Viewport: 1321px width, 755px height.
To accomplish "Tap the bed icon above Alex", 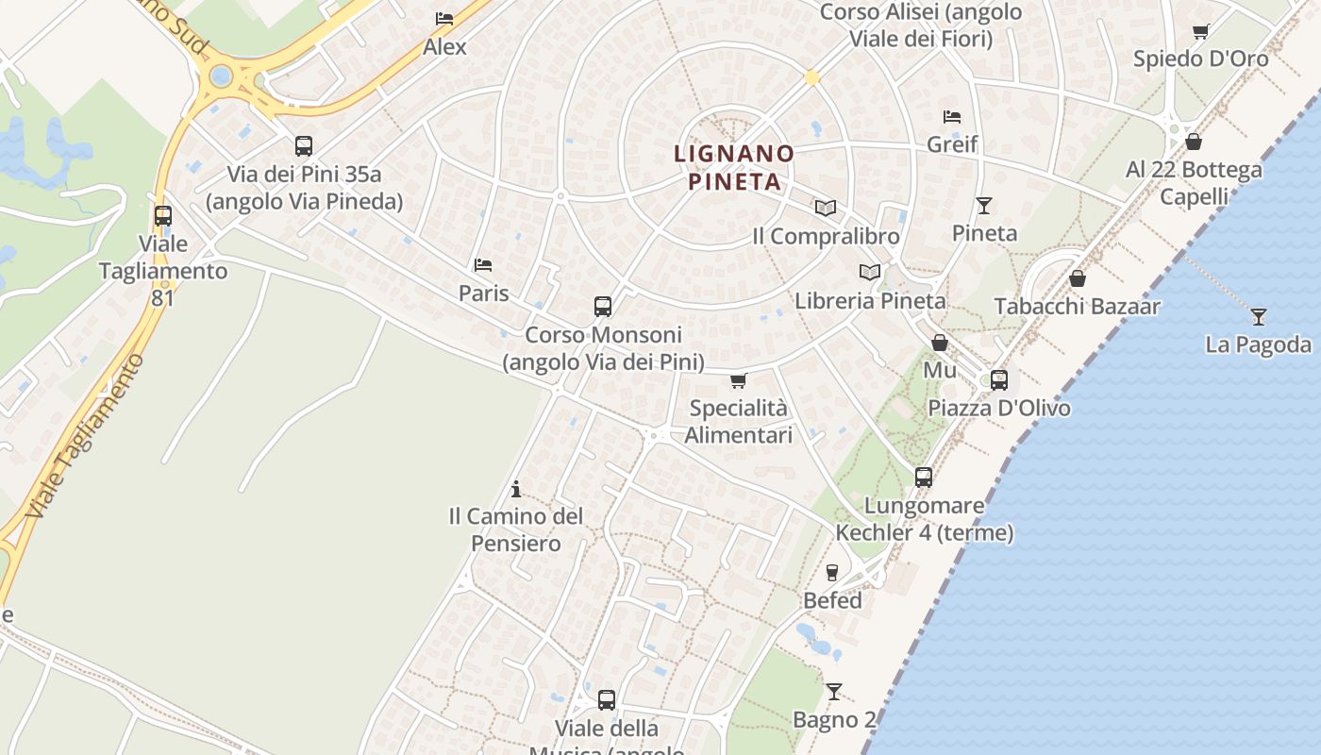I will click(x=443, y=19).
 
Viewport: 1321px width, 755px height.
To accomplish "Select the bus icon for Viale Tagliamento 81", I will click(x=163, y=216).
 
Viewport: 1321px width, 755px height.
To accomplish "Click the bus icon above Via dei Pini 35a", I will click(x=303, y=146).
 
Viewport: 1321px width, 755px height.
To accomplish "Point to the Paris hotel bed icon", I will click(x=483, y=265).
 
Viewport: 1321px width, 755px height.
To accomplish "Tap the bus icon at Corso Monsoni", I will click(x=603, y=307).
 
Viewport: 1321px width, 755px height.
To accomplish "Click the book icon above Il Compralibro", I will click(x=826, y=208).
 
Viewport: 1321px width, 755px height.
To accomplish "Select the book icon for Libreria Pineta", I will click(x=870, y=273).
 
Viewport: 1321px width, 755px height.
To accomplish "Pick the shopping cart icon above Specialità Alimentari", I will click(x=738, y=380).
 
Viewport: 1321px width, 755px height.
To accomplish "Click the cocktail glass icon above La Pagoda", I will click(x=1258, y=317).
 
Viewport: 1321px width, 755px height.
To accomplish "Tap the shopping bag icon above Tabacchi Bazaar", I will click(x=1077, y=278).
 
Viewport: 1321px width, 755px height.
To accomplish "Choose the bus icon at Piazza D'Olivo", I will click(x=999, y=380).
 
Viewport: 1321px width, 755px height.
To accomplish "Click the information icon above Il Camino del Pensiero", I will click(x=515, y=489).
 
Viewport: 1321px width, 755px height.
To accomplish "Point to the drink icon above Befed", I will click(x=832, y=572).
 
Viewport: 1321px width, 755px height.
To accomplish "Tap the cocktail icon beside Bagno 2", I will click(x=833, y=692).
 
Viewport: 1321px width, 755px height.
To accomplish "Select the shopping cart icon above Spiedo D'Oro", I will click(x=1200, y=31).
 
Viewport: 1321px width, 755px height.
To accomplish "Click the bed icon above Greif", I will click(x=952, y=117).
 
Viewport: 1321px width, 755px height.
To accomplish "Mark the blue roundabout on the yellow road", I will click(x=221, y=75).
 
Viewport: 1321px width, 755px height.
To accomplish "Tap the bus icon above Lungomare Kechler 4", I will click(x=924, y=478).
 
